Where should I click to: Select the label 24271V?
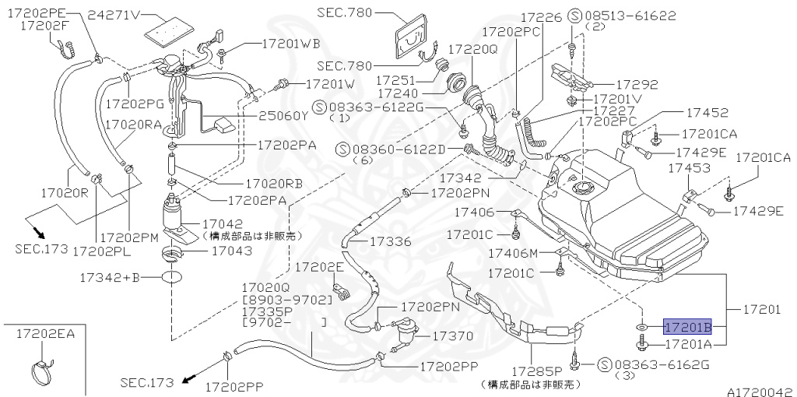[114, 15]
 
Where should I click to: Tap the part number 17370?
[452, 336]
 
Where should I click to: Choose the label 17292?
[637, 85]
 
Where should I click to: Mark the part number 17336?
[390, 241]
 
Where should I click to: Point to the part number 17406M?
[513, 253]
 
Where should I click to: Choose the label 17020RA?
[133, 124]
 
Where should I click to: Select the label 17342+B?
[109, 276]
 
